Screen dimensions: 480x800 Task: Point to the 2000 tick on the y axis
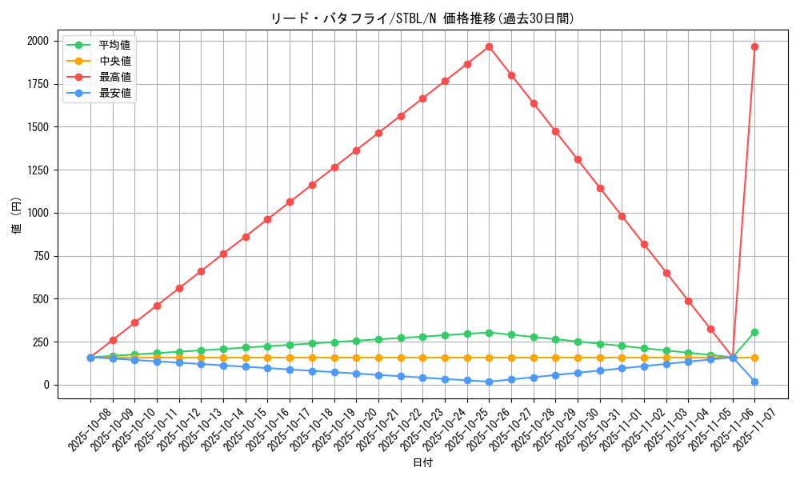pyautogui.click(x=38, y=41)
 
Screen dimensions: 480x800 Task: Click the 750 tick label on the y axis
pyautogui.click(x=42, y=256)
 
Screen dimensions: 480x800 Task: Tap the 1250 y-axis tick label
pyautogui.click(x=38, y=170)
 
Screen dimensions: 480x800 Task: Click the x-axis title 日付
pyautogui.click(x=422, y=463)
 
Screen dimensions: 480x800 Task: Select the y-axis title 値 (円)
pyautogui.click(x=16, y=216)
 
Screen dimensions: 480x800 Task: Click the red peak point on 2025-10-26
pyautogui.click(x=489, y=46)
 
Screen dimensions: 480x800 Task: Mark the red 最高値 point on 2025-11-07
pyautogui.click(x=754, y=46)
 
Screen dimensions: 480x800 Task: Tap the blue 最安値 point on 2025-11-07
pyautogui.click(x=754, y=382)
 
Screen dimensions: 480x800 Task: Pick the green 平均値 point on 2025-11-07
pyautogui.click(x=754, y=332)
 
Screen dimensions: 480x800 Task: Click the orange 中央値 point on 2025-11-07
pyautogui.click(x=754, y=358)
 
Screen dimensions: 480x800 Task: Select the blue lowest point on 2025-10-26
pyautogui.click(x=489, y=382)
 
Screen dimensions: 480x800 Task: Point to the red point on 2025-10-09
pyautogui.click(x=113, y=340)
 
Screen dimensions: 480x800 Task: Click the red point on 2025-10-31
pyautogui.click(x=600, y=188)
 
